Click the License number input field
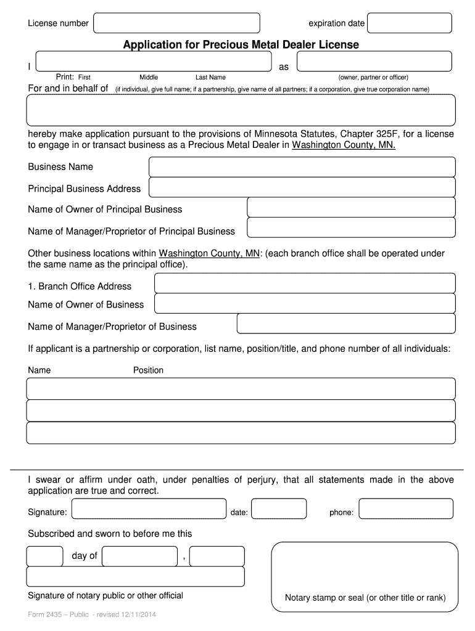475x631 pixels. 176,23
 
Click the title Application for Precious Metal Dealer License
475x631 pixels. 241,45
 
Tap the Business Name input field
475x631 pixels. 302,167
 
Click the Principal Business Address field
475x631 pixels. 302,188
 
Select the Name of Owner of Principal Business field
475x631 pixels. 351,208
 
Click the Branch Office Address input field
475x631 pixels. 304,283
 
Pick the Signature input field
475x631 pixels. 149,509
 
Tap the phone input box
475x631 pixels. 407,509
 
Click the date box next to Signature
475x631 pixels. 279,509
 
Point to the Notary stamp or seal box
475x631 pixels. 365,576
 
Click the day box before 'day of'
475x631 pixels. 44,556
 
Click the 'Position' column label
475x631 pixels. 149,370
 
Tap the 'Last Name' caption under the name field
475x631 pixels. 210,78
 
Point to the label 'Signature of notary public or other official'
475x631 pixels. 105,595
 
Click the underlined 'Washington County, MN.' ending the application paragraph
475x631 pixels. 344,145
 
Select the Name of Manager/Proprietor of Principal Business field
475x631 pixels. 351,229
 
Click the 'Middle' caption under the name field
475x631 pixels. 149,78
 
